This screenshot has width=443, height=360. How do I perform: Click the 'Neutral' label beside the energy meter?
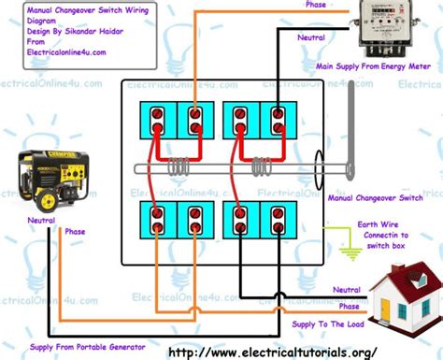click(x=311, y=37)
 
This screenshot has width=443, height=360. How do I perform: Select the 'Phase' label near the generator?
click(x=76, y=232)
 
